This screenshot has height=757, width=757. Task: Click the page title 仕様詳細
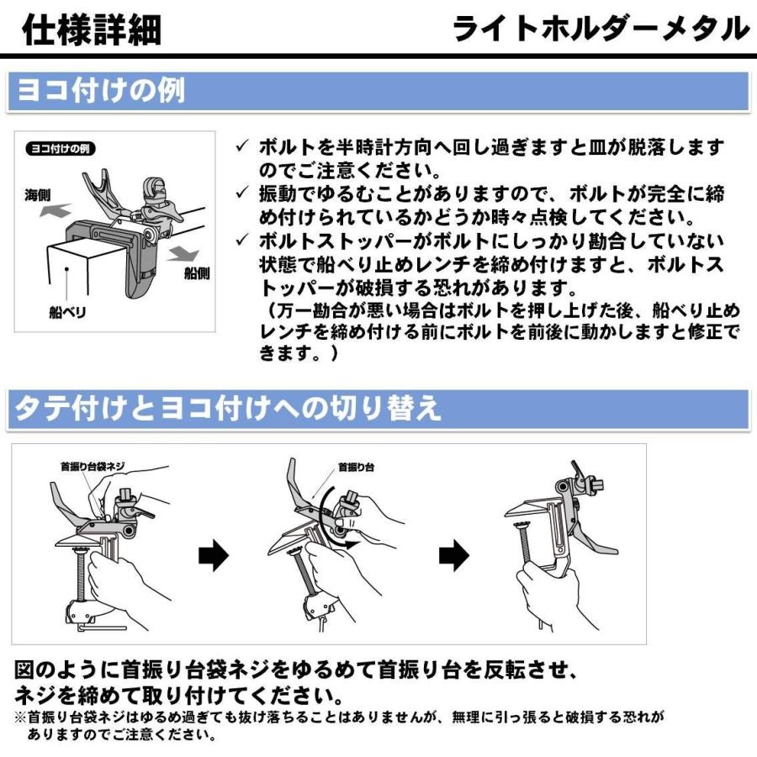92,30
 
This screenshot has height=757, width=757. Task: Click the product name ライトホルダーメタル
601,29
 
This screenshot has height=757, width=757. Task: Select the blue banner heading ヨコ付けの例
101,91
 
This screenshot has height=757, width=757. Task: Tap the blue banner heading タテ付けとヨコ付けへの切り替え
228,408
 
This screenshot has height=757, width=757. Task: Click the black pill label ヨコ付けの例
61,149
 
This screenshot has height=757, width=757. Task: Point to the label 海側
37,195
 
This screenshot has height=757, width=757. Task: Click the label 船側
197,273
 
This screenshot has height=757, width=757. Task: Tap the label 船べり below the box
67,312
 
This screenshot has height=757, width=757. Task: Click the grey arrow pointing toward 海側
55,210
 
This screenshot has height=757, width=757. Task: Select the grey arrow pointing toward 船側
183,253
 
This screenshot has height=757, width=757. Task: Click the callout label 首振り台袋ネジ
93,466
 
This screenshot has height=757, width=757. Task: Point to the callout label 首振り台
357,467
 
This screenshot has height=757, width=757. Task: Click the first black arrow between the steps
214,555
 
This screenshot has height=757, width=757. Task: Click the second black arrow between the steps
454,555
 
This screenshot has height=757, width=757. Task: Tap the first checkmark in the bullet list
242,146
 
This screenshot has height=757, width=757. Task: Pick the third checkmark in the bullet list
242,239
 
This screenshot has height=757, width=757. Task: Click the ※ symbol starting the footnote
21,717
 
